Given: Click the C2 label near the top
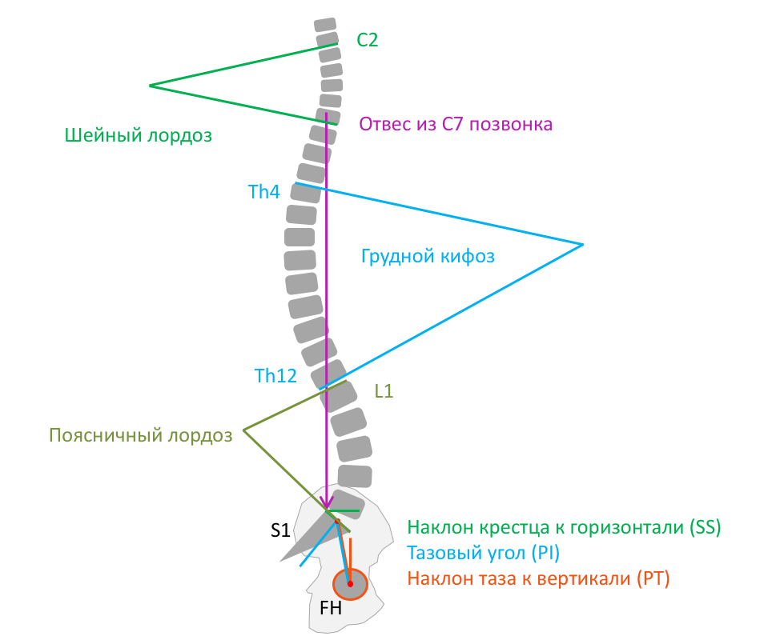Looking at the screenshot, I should (x=367, y=41).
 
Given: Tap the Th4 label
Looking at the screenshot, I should (x=263, y=192).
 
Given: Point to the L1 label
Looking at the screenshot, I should (x=384, y=392).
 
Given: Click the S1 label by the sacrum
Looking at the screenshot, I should (x=279, y=530).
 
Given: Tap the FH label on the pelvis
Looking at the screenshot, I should (x=331, y=608).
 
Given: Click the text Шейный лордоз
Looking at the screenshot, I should (x=139, y=135).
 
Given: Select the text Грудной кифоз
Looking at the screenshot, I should (x=428, y=257).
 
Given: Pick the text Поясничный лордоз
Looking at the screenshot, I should (x=140, y=435).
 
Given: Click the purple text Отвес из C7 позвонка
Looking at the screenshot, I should (x=456, y=125).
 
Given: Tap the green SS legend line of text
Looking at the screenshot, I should (x=565, y=528).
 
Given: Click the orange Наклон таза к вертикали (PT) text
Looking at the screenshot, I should (x=538, y=578).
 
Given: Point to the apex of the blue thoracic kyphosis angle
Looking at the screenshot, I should (x=582, y=244).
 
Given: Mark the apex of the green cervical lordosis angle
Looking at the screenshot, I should (x=150, y=85).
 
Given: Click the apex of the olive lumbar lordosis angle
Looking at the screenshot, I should (x=244, y=430).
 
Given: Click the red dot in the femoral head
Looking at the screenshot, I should (x=350, y=584).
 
